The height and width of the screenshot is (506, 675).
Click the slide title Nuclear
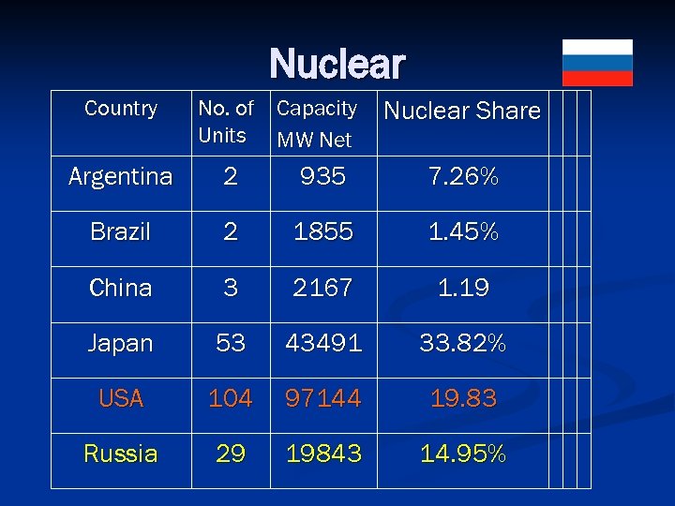coord(337,65)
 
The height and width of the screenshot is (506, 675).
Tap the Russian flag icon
coord(597,63)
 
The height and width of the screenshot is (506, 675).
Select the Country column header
coord(121,109)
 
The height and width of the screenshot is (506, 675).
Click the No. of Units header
coord(225,122)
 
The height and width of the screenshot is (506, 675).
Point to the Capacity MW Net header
coord(317,124)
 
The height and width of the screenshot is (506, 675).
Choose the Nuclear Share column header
coord(462,111)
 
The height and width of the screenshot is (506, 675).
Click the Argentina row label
coord(121,176)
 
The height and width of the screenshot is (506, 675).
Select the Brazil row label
coord(121,232)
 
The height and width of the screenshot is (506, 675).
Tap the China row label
coord(121,288)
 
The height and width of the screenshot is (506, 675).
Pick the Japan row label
coord(121,343)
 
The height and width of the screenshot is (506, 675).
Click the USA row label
coord(121,399)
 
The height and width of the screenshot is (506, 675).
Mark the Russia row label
coord(121,454)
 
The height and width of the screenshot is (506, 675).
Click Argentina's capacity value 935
coord(323,176)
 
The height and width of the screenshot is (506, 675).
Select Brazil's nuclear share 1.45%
coord(463,232)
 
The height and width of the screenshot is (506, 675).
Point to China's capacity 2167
coord(323,288)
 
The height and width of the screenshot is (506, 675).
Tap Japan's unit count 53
coord(231,343)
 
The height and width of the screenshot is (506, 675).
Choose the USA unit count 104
coord(231,399)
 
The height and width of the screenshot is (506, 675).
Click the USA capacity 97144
coord(323,399)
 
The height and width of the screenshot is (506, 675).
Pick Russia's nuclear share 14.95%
coord(463,454)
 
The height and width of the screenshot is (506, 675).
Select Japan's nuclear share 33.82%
coord(463,343)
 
